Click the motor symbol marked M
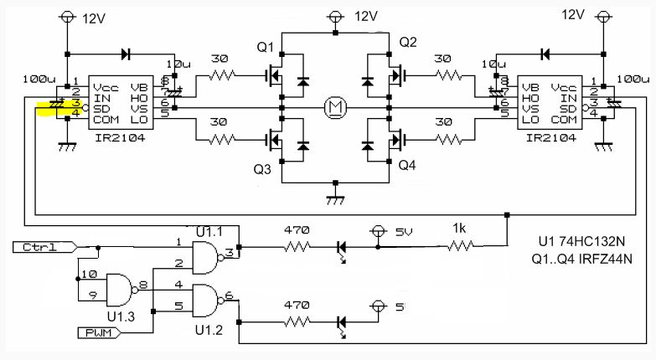(x=335, y=108)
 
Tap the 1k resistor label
(x=460, y=227)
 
